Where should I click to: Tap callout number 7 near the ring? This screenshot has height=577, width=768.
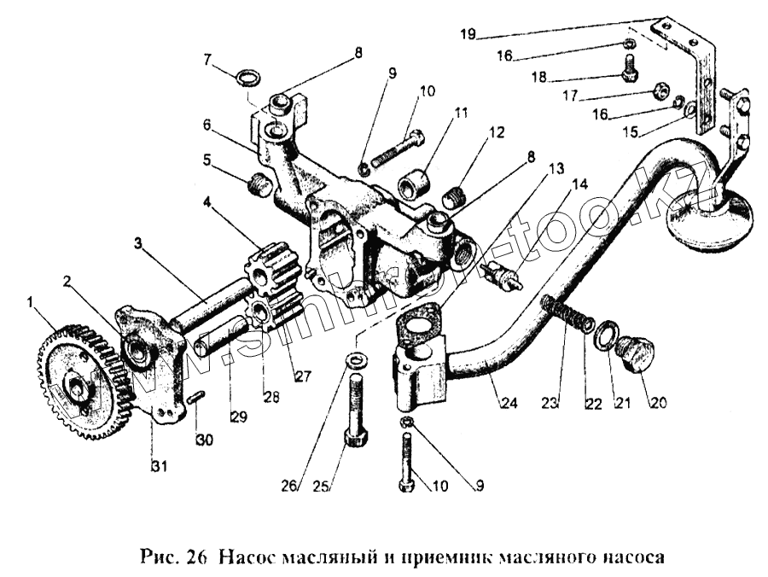(x=206, y=59)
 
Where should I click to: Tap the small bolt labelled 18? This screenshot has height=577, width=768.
(x=630, y=67)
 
